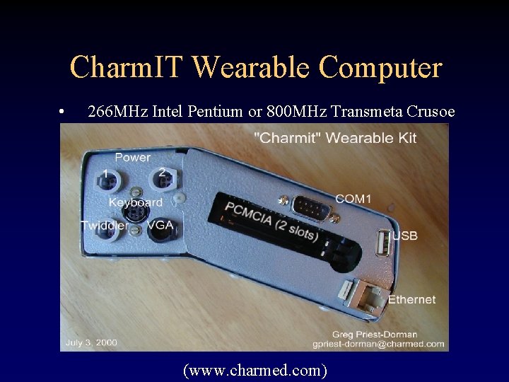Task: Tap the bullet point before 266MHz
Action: [x=63, y=112]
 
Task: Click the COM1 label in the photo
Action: [x=353, y=199]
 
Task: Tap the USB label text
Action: [x=404, y=236]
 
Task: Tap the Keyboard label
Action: [x=136, y=202]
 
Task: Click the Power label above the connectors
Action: [x=132, y=157]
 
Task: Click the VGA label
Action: [x=160, y=225]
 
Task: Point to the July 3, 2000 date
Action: [x=91, y=342]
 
